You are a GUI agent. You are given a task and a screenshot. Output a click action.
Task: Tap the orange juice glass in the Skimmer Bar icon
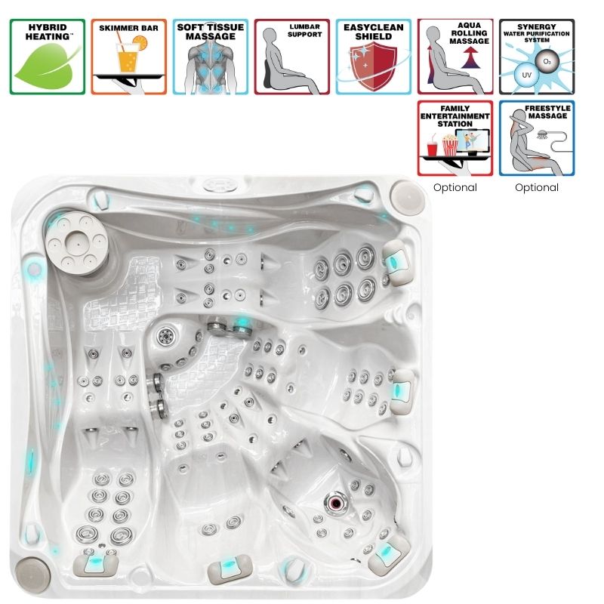[128, 58]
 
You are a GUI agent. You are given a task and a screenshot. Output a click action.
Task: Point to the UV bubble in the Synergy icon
[526, 75]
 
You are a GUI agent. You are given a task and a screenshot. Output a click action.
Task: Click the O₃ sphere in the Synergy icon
[547, 61]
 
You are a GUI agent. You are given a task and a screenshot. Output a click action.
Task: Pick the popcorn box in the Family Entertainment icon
[449, 144]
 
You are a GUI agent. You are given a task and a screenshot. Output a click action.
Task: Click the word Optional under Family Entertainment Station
[455, 187]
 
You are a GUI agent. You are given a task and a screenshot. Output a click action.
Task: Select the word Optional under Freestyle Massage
[537, 187]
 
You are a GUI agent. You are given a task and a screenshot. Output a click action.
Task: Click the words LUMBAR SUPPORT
[305, 30]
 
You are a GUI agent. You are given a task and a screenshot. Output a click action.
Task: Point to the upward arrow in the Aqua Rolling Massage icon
[470, 58]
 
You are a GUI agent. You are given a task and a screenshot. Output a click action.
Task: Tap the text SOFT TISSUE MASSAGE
[211, 32]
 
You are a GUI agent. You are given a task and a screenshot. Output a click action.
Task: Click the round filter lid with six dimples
[77, 243]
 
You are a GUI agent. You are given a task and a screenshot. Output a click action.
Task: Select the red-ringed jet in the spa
[335, 503]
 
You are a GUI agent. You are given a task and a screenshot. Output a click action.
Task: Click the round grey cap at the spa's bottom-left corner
[32, 576]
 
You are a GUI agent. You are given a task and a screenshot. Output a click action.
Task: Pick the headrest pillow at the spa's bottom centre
[230, 569]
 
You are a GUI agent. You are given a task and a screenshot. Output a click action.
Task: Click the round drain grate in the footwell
[166, 335]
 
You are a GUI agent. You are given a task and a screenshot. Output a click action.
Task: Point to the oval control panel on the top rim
[220, 185]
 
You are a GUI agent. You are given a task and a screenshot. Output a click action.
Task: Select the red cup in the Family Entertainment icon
[433, 148]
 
